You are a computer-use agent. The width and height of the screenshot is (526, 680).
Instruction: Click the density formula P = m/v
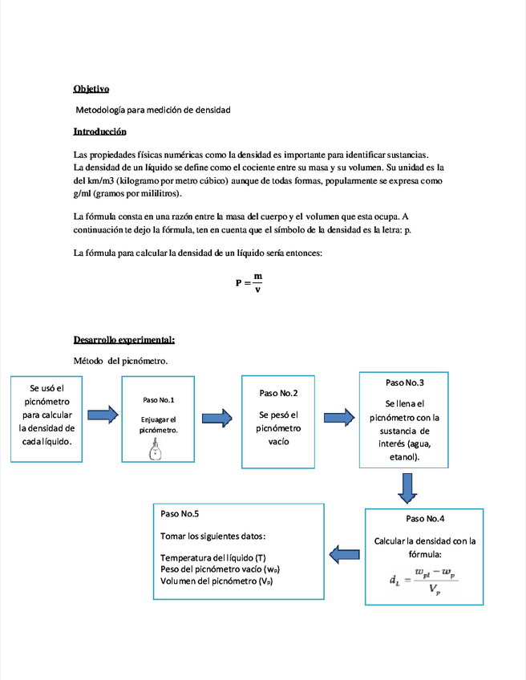click(249, 282)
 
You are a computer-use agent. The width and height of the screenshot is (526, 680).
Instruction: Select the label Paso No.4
click(425, 519)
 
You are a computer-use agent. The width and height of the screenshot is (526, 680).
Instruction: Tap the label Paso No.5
click(180, 513)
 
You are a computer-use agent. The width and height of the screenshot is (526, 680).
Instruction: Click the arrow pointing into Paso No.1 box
click(102, 415)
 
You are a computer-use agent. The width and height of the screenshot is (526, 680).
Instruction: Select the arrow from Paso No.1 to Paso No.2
click(216, 417)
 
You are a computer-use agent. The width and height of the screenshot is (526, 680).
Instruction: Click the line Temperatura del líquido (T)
click(213, 557)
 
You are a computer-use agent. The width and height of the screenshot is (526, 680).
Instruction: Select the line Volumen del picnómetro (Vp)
click(216, 581)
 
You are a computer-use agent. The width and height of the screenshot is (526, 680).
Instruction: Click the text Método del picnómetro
click(120, 362)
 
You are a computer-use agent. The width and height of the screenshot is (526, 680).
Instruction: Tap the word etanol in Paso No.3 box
click(405, 457)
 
